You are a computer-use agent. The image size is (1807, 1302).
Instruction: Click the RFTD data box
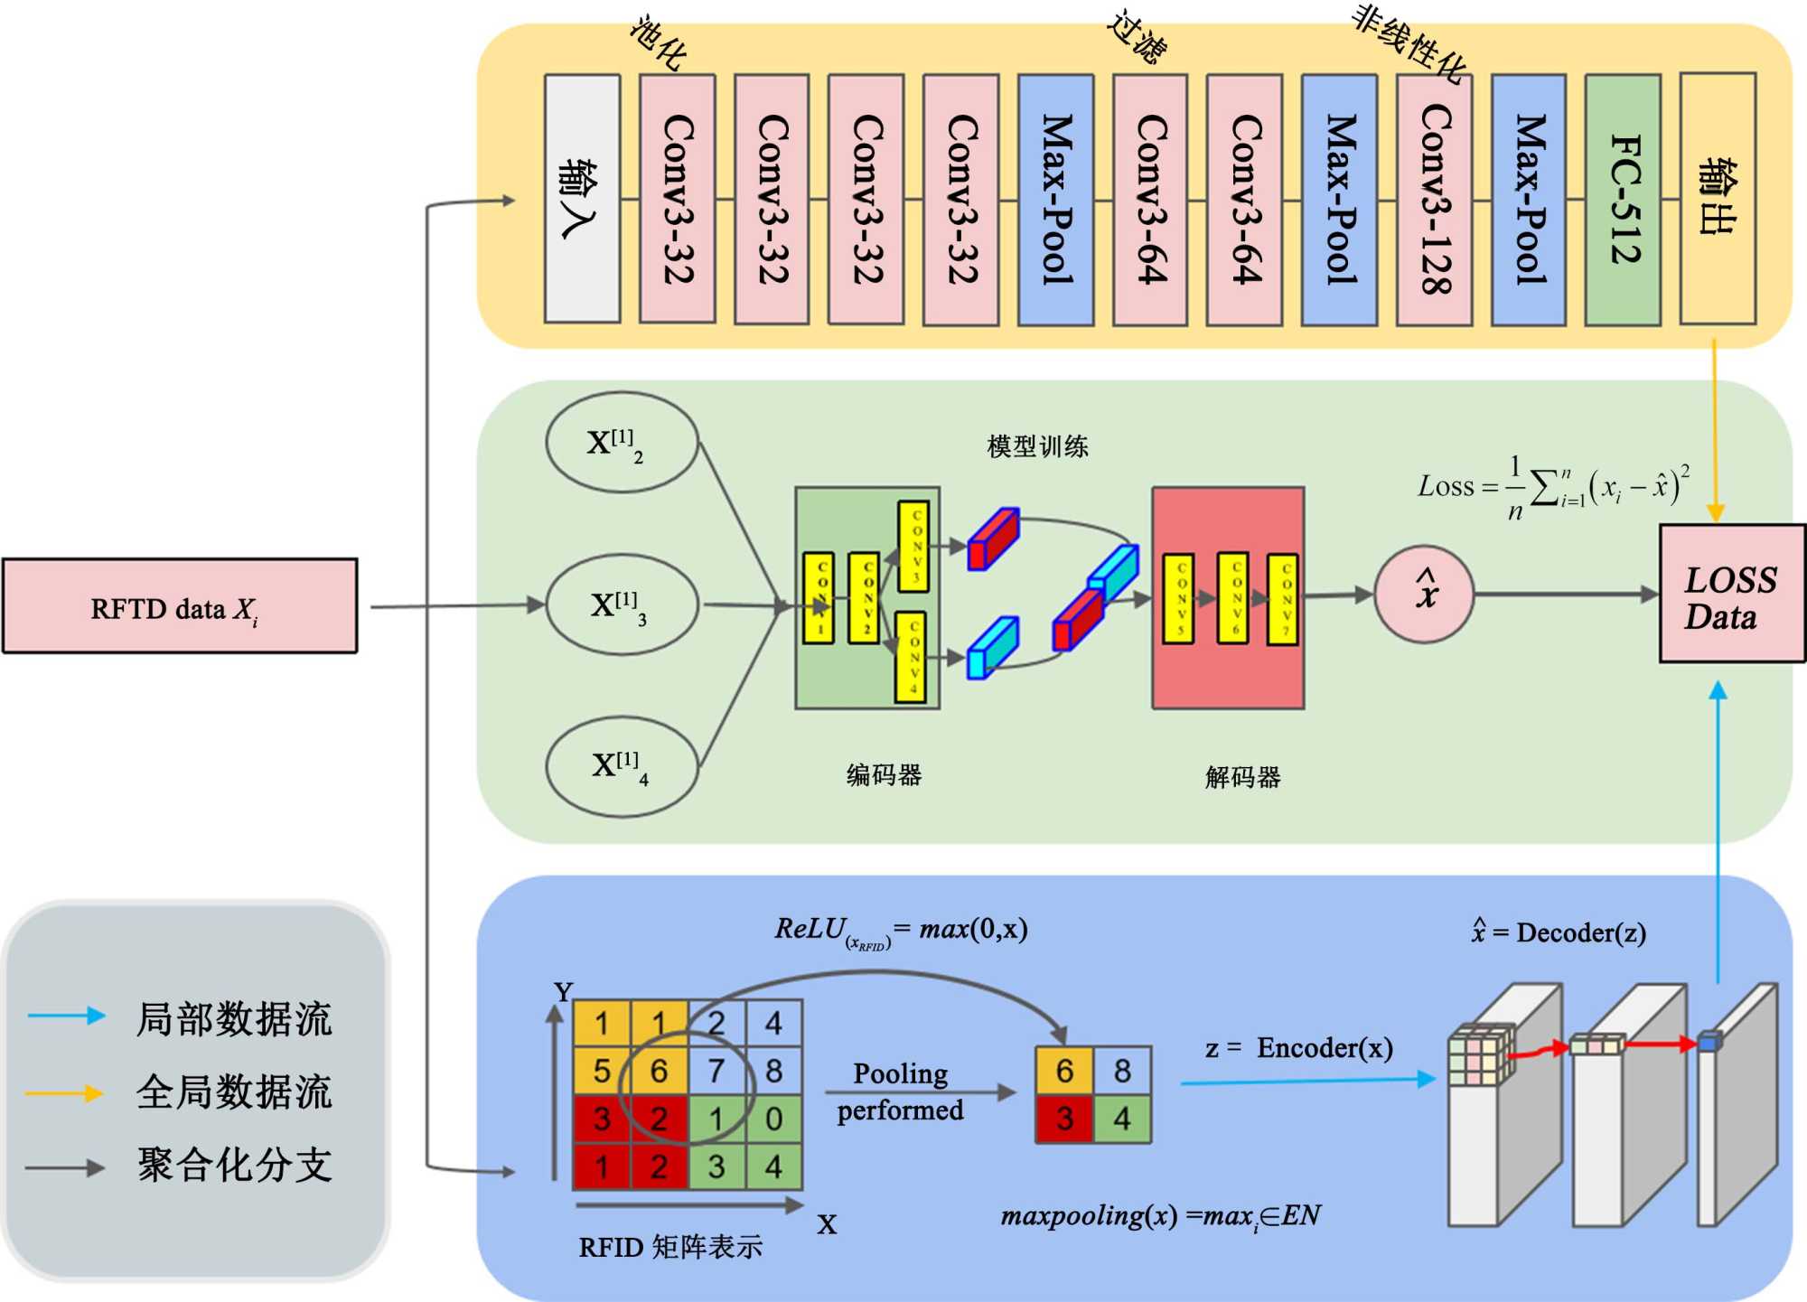pyautogui.click(x=180, y=606)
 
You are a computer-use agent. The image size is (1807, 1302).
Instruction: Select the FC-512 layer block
pyautogui.click(x=1623, y=200)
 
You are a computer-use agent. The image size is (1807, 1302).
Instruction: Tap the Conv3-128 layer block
pyautogui.click(x=1434, y=200)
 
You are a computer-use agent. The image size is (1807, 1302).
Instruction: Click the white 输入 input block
pyautogui.click(x=582, y=200)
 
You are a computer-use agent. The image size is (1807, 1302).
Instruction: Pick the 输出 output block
pyautogui.click(x=1718, y=200)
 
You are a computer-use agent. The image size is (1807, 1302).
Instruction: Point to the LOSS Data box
pyautogui.click(x=1731, y=595)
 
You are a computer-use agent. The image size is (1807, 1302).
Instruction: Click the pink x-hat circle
pyautogui.click(x=1424, y=594)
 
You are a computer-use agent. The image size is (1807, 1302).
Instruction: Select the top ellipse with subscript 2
pyautogui.click(x=622, y=442)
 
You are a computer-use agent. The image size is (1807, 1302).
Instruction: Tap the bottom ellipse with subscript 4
pyautogui.click(x=622, y=766)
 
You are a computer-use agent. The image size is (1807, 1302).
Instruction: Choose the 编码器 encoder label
pyautogui.click(x=884, y=775)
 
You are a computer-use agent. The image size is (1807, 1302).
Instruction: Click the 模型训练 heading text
pyautogui.click(x=1037, y=446)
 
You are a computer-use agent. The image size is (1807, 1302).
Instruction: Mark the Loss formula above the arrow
pyautogui.click(x=1552, y=488)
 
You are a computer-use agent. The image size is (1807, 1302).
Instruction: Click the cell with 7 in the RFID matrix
pyautogui.click(x=716, y=1072)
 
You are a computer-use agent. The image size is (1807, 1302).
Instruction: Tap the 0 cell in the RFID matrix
pyautogui.click(x=773, y=1119)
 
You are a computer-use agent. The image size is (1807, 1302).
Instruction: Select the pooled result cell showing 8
pyautogui.click(x=1122, y=1072)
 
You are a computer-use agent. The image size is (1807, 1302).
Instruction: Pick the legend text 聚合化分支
pyautogui.click(x=234, y=1166)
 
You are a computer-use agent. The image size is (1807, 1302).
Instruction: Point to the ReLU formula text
pyautogui.click(x=901, y=931)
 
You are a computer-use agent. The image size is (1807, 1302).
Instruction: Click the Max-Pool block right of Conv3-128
pyautogui.click(x=1528, y=200)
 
